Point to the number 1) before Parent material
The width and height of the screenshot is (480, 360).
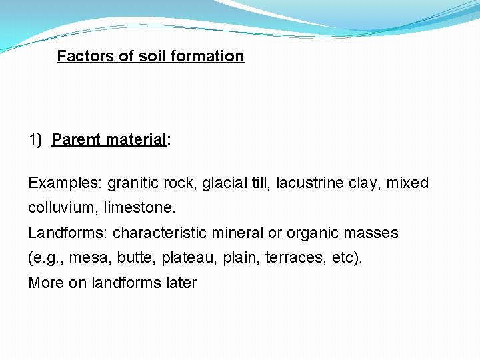(35, 140)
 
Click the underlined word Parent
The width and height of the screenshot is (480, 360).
(73, 140)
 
